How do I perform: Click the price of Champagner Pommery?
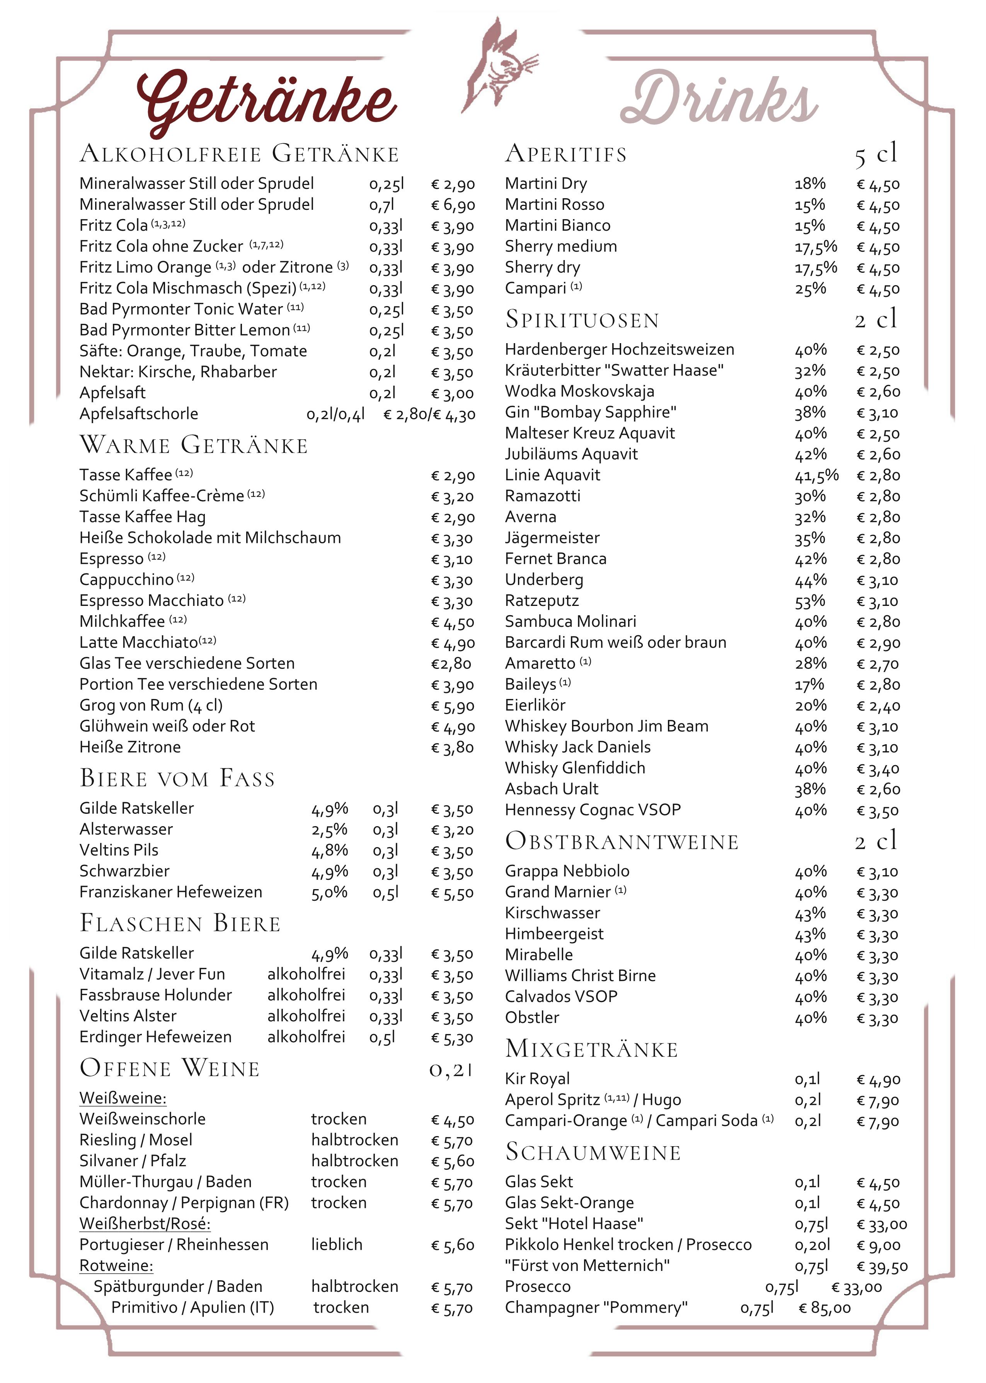coord(824,1308)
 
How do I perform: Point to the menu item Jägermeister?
coord(552,538)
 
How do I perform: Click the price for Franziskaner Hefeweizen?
coord(452,893)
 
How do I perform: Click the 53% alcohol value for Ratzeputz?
coord(810,601)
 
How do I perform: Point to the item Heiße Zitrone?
coord(130,747)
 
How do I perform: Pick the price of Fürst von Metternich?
coord(882,1266)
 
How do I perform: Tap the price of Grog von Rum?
coord(452,706)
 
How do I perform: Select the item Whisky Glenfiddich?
coord(575,768)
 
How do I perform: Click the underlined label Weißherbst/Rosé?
coord(145,1223)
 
